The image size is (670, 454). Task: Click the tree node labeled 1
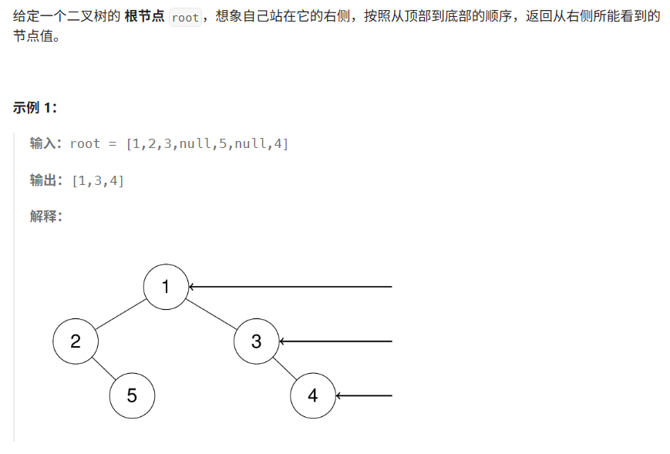click(166, 287)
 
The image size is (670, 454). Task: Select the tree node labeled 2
click(76, 341)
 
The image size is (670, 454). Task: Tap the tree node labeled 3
click(256, 341)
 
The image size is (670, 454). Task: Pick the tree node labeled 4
click(313, 395)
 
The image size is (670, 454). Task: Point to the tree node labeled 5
click(132, 395)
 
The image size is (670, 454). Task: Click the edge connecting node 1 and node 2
click(121, 314)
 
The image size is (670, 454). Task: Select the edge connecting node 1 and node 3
click(211, 314)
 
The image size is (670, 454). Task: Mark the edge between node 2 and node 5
click(104, 368)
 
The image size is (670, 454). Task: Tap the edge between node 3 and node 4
click(284, 368)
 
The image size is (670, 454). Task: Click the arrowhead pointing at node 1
click(192, 287)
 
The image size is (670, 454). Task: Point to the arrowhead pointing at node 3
click(282, 341)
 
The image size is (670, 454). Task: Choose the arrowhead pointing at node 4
click(339, 396)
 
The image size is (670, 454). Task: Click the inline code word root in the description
click(185, 18)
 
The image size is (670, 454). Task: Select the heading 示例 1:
click(35, 107)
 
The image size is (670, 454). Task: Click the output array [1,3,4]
click(98, 180)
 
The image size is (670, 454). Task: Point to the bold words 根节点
click(143, 17)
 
